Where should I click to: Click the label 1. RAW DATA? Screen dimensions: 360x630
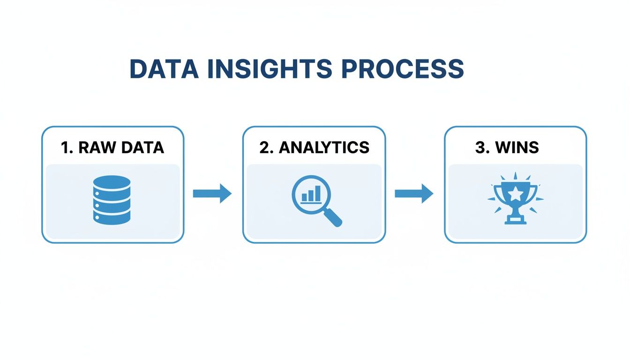tap(112, 147)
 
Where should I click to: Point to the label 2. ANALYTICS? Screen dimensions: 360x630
tap(314, 147)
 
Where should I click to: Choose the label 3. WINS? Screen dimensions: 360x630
tap(507, 147)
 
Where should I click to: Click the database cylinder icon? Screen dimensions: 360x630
tap(112, 200)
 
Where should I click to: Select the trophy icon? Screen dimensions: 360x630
tap(515, 199)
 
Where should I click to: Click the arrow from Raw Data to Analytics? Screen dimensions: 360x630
tap(212, 193)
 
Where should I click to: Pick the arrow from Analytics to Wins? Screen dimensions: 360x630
tap(414, 193)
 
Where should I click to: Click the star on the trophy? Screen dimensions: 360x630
tap(515, 192)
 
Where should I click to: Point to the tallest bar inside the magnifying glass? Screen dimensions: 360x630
tap(319, 193)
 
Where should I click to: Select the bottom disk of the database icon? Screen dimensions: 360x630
tap(112, 218)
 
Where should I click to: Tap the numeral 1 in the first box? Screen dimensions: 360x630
tap(65, 147)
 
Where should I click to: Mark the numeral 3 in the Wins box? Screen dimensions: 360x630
tap(480, 147)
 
